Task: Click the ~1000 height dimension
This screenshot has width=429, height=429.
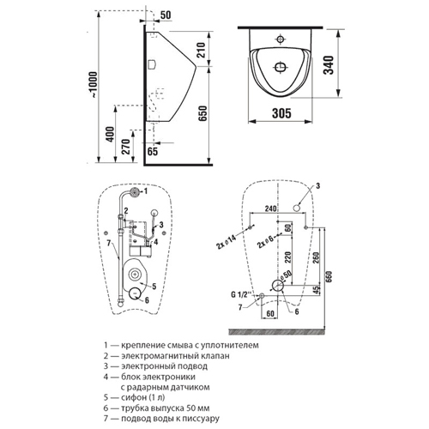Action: [94, 85]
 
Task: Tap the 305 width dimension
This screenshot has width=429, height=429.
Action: [281, 113]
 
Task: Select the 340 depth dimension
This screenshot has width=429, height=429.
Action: [329, 65]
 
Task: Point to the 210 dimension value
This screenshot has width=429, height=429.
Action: [201, 50]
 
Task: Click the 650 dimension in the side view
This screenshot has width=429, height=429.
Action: [202, 113]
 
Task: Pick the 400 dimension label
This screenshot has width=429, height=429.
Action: [110, 135]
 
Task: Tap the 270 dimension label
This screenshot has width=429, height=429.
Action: [126, 147]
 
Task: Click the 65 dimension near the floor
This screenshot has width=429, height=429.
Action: [153, 151]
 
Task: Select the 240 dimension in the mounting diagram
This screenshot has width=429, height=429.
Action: [270, 208]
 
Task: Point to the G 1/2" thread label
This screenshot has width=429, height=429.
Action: [241, 294]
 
